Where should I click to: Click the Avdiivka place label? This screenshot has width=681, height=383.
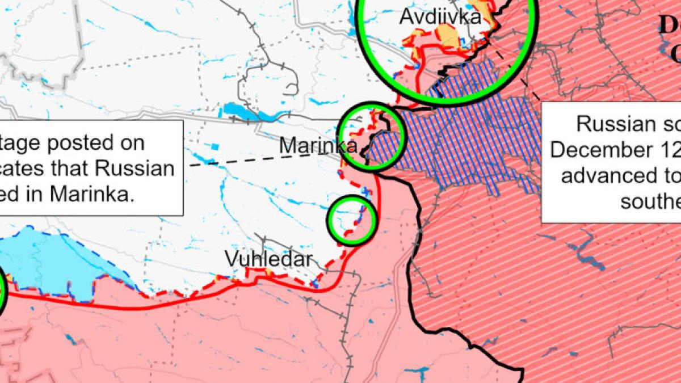(440, 16)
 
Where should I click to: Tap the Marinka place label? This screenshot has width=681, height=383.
(318, 146)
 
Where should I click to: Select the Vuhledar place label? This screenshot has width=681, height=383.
(268, 260)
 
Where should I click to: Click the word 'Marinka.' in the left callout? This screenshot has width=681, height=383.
(91, 194)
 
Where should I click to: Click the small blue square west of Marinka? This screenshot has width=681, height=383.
(214, 146)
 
